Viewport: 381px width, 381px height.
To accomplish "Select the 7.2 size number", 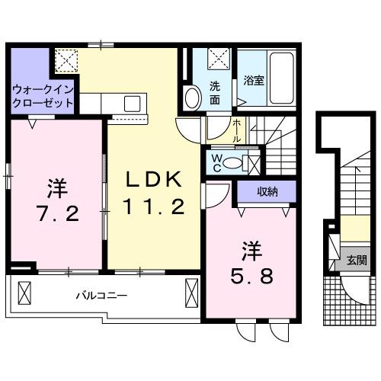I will tap(55, 213).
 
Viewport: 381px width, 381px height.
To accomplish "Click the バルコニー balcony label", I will tap(101, 295).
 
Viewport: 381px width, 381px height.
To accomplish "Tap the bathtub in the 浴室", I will tap(283, 79).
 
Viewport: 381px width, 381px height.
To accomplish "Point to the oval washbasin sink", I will tap(191, 98).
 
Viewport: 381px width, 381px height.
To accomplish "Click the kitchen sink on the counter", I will tap(130, 102).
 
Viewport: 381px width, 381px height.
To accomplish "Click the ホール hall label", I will tap(237, 130).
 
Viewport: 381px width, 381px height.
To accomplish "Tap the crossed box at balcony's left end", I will tap(24, 292).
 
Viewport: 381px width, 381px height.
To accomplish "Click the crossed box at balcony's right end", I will tap(191, 291).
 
